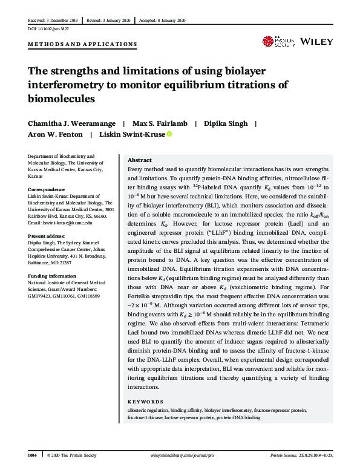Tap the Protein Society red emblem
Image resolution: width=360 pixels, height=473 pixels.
267,41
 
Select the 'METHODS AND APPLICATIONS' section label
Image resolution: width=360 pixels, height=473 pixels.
82,45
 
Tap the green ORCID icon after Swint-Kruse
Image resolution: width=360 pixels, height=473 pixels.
169,134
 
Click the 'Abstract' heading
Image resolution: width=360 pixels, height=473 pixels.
140,160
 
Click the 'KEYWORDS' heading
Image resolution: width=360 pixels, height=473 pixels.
145,402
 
